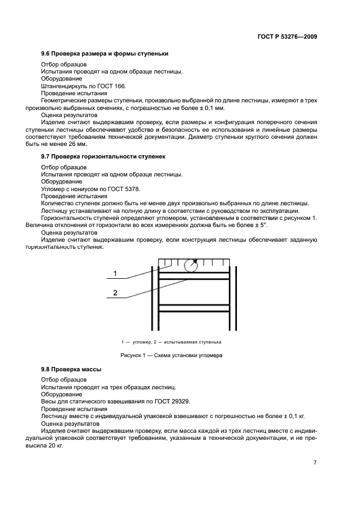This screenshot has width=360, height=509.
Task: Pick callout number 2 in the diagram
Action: [x=115, y=293]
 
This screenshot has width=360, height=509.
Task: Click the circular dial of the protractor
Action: [x=191, y=265]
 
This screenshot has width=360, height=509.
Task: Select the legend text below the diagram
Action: [x=172, y=342]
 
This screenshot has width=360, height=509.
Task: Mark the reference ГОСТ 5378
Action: [x=108, y=188]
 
